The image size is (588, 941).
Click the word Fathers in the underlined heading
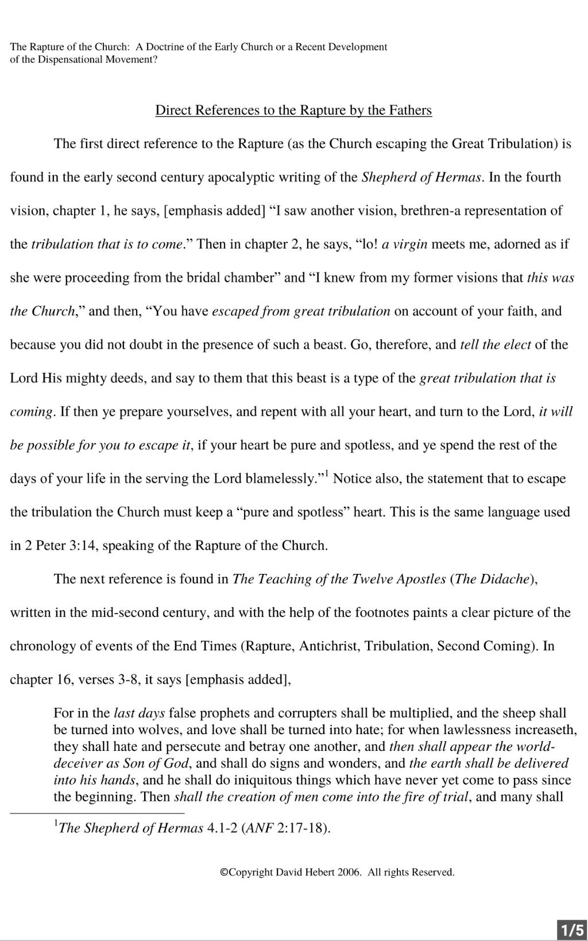[410, 110]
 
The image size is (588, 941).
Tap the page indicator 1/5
[572, 930]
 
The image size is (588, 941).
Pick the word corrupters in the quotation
[307, 713]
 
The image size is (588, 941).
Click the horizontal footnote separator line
[97, 813]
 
